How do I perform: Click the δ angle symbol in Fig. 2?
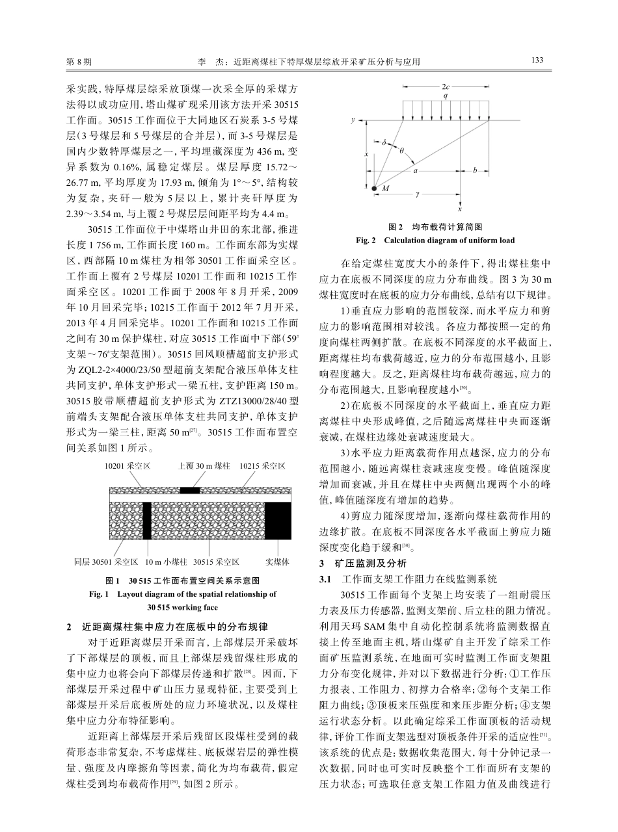pos(384,141)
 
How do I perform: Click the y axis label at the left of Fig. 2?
pos(352,120)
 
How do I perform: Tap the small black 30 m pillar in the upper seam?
pos(190,489)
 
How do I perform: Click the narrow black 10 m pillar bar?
pos(146,520)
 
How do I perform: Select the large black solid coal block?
pos(278,520)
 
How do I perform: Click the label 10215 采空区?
pos(262,466)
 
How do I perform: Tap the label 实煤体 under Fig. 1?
pos(278,560)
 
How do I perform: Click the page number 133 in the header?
pos(537,60)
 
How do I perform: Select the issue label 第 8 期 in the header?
pos(79,61)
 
